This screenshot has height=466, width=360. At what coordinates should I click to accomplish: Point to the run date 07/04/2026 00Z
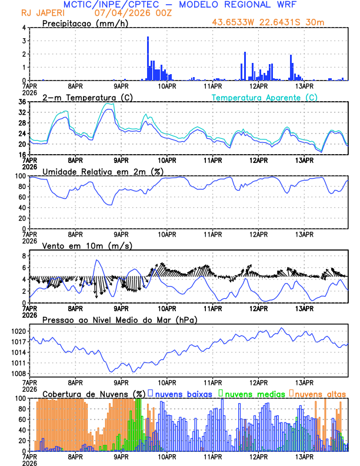coord(130,13)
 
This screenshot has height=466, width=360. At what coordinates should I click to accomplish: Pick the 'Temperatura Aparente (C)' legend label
coord(265,97)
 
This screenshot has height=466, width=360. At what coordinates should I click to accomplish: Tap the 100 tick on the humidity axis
coord(20,176)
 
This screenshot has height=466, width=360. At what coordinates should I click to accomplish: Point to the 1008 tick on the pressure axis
coord(18,374)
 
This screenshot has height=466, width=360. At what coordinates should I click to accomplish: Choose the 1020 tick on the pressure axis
coord(18,331)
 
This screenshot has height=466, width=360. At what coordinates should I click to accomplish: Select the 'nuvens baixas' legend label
coord(183,393)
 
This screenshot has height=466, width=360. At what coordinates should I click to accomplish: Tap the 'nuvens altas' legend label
coord(320,393)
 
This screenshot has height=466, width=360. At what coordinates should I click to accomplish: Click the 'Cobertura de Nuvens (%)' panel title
coord(94,393)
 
